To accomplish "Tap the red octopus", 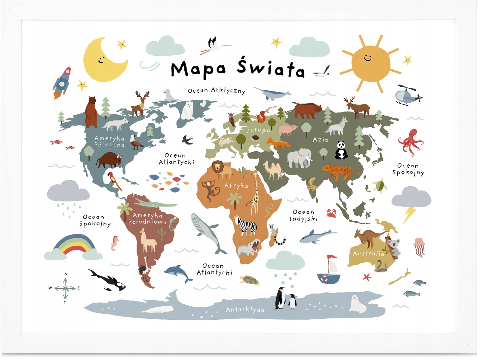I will [x=410, y=141].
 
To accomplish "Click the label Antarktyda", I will [x=245, y=309].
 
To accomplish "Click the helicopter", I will [x=407, y=95].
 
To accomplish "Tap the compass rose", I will [x=65, y=288].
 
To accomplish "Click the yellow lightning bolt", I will [x=410, y=214].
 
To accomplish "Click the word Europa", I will [x=258, y=130].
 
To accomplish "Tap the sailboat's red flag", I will [x=332, y=257].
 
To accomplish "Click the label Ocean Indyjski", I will [x=303, y=216].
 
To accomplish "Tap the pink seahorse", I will [x=115, y=243].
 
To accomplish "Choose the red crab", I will [x=331, y=213].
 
